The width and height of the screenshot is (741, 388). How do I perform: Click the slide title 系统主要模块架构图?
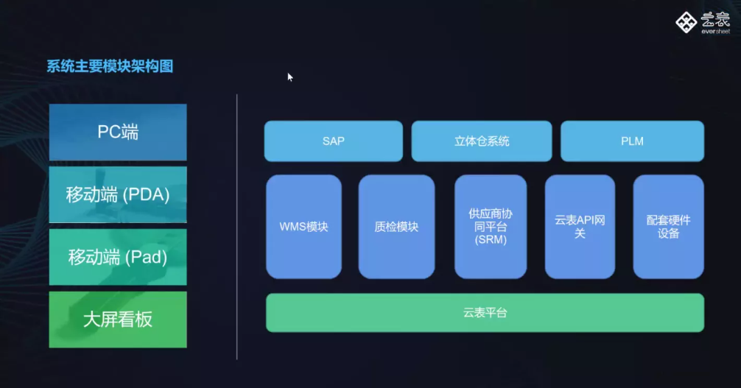110,66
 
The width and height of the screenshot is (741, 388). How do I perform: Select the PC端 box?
118,133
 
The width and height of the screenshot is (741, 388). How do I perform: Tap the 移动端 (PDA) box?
118,194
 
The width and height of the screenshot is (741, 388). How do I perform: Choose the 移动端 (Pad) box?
118,257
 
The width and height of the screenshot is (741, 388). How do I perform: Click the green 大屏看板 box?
118,320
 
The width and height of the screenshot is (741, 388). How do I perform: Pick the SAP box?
334,141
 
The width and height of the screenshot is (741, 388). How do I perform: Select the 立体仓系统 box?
482,141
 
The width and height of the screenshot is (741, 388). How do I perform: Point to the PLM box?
632,141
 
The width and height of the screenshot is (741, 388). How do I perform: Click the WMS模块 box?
304,227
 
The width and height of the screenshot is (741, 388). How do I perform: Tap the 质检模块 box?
396,227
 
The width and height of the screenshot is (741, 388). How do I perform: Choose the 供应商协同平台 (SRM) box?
491,227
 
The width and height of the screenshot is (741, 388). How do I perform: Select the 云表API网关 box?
580,227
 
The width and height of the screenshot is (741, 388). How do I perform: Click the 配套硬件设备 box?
668,227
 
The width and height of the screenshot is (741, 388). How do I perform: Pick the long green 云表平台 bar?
485,313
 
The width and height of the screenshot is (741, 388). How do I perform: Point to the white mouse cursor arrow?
290,77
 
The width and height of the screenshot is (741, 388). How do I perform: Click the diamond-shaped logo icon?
686,22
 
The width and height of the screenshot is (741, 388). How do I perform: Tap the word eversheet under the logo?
715,32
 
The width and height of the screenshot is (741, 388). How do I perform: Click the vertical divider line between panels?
236,227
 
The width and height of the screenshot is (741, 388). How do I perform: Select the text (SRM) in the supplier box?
491,239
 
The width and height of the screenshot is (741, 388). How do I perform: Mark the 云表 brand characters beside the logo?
715,19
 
